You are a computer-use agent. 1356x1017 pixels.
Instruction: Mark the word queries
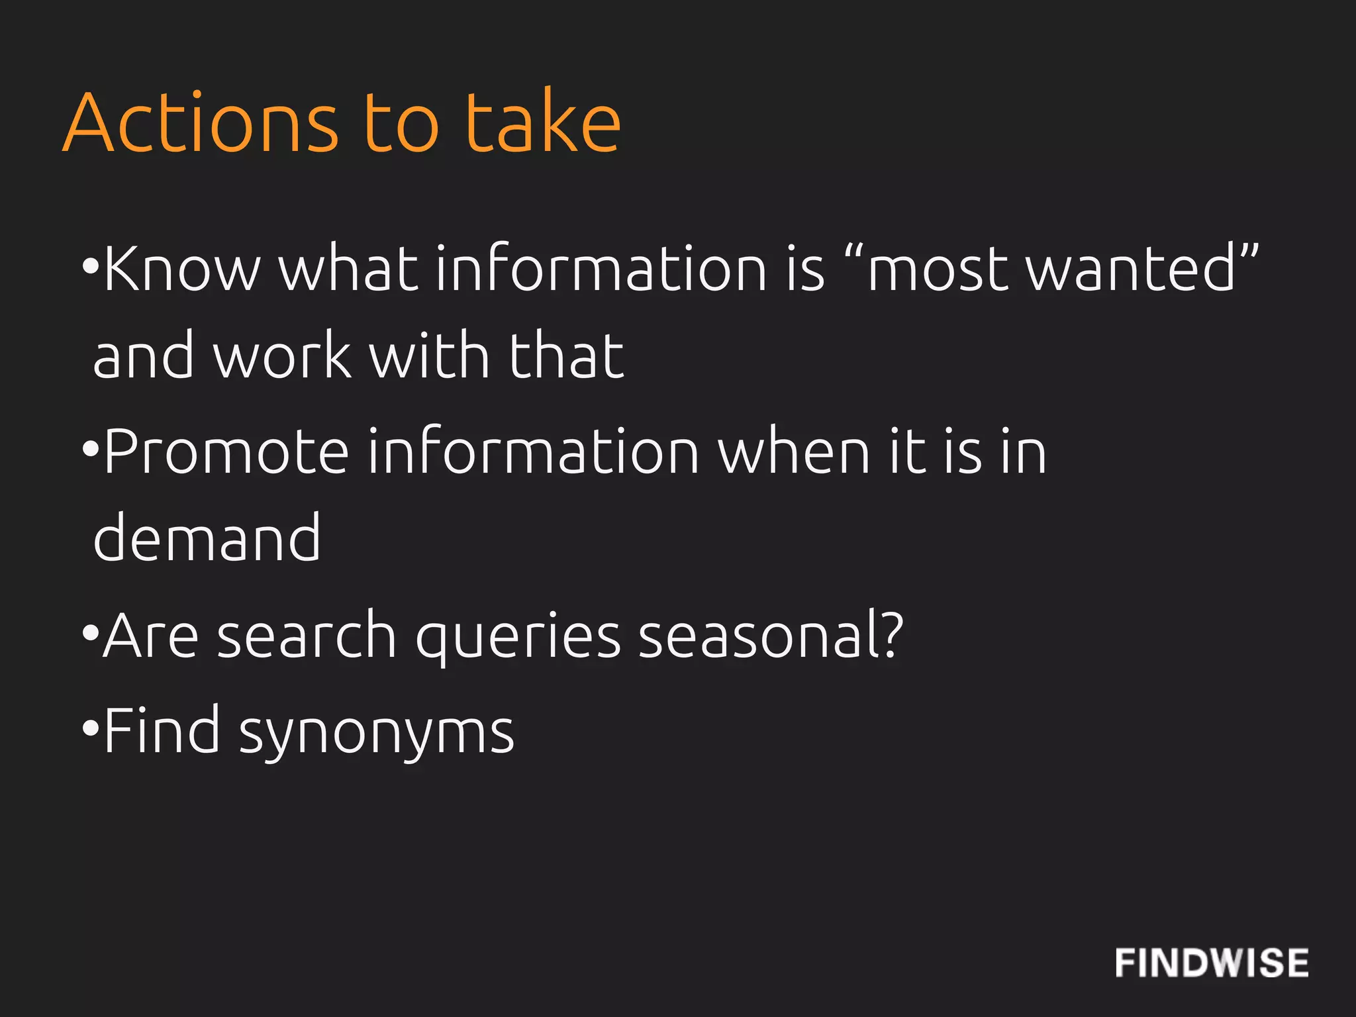(x=518, y=637)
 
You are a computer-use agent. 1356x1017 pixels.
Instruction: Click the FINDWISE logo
(x=1212, y=963)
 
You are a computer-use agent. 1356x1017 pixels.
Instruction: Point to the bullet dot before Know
(x=90, y=266)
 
